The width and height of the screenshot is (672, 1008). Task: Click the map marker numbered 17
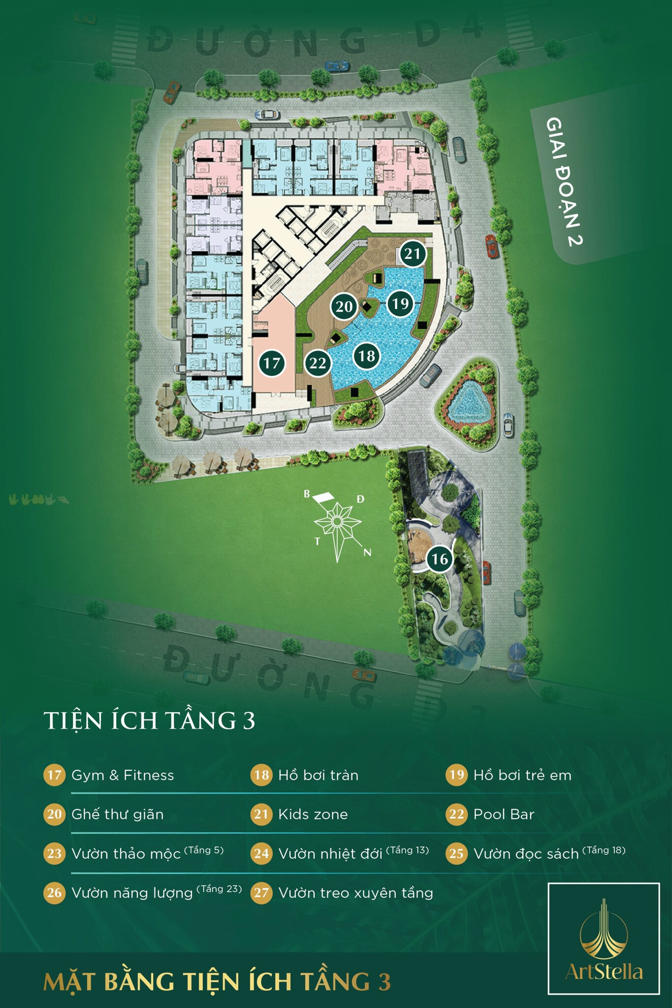(271, 363)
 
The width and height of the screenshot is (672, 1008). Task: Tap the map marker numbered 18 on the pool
(367, 355)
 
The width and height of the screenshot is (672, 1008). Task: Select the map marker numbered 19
(400, 303)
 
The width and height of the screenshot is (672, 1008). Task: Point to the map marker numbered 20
(344, 307)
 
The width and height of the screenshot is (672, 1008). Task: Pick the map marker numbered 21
(413, 254)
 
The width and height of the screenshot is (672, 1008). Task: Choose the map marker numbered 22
(318, 363)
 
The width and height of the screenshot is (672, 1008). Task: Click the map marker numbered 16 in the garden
(439, 559)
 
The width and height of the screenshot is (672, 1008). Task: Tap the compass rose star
(337, 522)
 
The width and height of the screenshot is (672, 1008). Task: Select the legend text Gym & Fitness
(123, 775)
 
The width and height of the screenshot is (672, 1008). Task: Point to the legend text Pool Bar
(504, 815)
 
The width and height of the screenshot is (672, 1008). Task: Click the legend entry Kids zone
(313, 815)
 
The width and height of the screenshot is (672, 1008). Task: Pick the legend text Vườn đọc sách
(526, 854)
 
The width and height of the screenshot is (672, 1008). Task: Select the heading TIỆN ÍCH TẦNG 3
(150, 721)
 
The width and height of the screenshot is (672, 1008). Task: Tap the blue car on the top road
(337, 65)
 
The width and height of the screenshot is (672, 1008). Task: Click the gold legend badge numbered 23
(54, 853)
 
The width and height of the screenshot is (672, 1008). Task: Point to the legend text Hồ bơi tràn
(318, 775)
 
